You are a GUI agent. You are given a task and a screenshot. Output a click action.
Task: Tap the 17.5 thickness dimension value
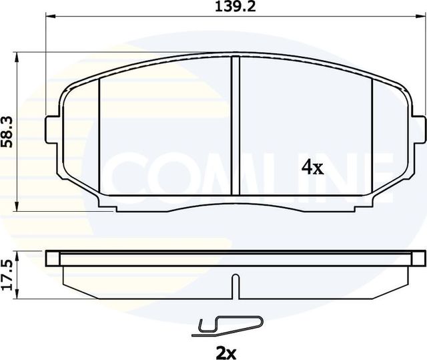tap(7, 275)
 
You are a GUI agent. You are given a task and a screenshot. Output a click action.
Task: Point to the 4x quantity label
tap(312, 168)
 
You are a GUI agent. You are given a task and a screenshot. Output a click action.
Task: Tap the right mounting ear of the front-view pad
tap(416, 128)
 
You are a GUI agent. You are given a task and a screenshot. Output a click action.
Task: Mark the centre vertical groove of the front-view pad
tap(234, 127)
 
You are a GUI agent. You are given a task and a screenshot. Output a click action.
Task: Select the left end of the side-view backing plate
tap(51, 258)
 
